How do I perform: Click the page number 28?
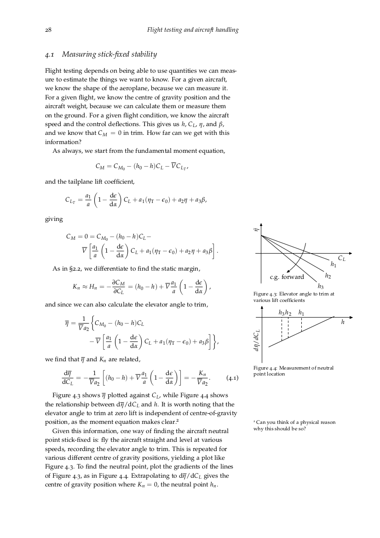[48, 30]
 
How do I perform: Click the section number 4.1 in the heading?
[50, 55]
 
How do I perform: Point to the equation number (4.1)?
[232, 379]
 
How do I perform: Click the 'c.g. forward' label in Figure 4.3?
[287, 277]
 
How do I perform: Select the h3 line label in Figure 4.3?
[321, 286]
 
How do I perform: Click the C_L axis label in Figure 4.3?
[342, 259]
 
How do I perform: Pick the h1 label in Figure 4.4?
[301, 313]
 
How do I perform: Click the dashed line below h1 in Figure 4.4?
[301, 325]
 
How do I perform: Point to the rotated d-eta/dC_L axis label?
[257, 341]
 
